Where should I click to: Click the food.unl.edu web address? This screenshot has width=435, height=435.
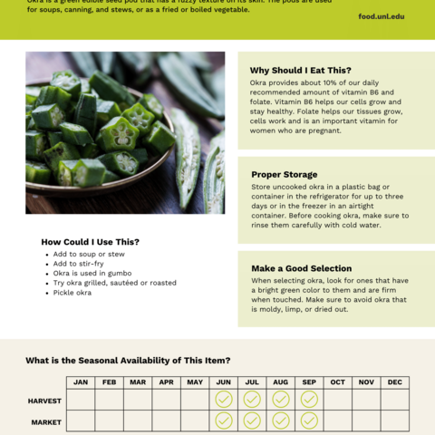[382, 16]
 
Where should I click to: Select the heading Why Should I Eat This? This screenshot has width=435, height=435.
[300, 70]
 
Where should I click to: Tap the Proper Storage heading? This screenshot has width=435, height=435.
[284, 174]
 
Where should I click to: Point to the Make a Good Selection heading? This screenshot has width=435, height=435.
[301, 268]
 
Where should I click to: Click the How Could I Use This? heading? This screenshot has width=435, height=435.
[91, 242]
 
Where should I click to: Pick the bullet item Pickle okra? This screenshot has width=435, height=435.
[72, 293]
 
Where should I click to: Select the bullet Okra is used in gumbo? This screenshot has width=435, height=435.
[92, 273]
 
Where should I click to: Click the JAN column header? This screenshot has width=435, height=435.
[81, 382]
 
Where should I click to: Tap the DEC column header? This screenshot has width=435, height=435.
[394, 382]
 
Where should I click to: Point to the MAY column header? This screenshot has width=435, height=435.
[195, 382]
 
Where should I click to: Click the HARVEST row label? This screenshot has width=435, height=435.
[44, 400]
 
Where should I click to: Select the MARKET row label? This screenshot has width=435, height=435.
[46, 421]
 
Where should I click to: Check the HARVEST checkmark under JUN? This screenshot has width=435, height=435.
[224, 400]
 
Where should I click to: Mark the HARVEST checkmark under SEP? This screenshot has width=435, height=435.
[309, 400]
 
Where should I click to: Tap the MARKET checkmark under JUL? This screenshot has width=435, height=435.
[252, 420]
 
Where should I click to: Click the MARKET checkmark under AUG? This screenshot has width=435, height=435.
[281, 420]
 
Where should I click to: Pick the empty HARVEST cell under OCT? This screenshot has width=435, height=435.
[337, 400]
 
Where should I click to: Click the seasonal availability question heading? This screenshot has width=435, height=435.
[128, 360]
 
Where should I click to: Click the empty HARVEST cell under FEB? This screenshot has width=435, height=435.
[109, 400]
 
